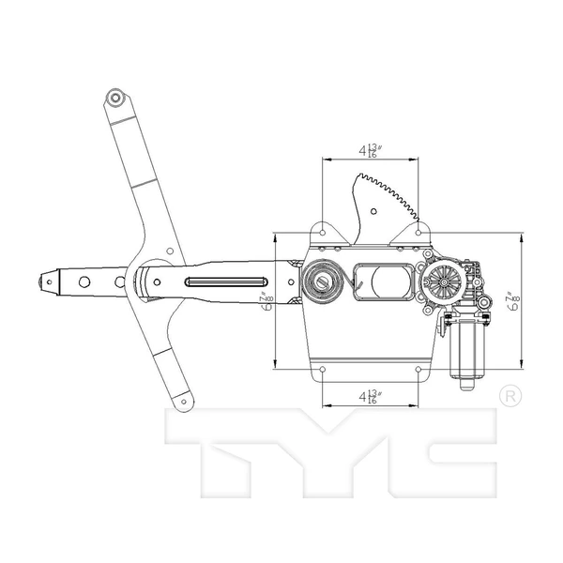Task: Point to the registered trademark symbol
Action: click(509, 396)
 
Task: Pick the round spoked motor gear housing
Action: click(441, 281)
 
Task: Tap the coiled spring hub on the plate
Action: click(323, 281)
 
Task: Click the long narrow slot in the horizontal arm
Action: click(225, 281)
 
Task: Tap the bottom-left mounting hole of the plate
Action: click(323, 369)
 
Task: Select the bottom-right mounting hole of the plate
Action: click(417, 369)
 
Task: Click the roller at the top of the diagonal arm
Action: click(114, 97)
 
